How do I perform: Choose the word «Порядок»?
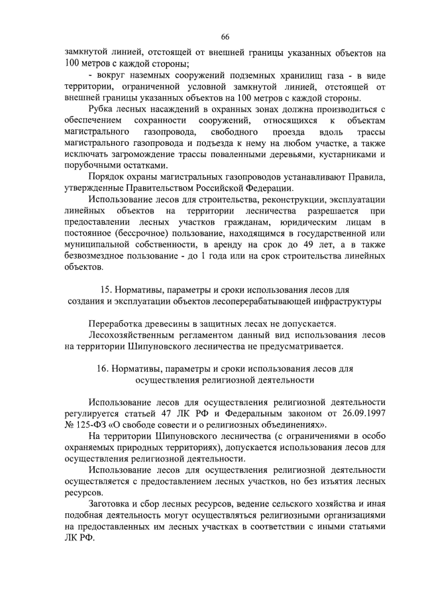click(109, 177)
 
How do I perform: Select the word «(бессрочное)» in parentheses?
click(146, 233)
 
